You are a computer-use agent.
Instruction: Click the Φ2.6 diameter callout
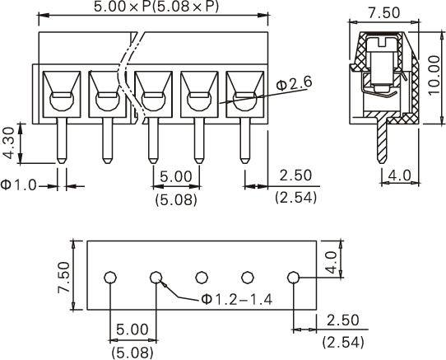[x=294, y=83]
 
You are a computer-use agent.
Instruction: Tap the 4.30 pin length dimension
[x=8, y=143]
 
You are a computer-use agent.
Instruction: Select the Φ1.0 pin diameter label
[x=19, y=185]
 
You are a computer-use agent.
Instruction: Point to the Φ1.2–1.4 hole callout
[x=237, y=300]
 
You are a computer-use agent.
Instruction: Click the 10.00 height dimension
[x=434, y=75]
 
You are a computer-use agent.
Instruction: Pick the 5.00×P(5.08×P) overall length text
[x=156, y=7]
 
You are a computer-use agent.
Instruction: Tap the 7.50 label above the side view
[x=384, y=13]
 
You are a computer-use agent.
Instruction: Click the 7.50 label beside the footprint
[x=63, y=278]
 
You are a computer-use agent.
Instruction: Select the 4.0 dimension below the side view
[x=400, y=175]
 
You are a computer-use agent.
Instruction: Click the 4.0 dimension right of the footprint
[x=331, y=262]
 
